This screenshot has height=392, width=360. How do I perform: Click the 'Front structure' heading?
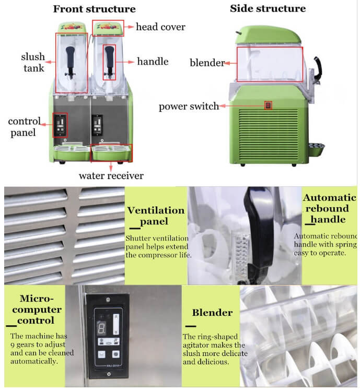[x=94, y=9]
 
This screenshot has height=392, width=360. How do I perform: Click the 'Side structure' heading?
[x=268, y=8]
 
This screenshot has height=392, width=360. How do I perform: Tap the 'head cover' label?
[x=160, y=27]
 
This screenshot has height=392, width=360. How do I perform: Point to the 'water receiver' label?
[x=111, y=175]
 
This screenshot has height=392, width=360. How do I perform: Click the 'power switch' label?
[x=189, y=106]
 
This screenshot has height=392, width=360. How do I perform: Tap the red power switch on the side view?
[x=269, y=105]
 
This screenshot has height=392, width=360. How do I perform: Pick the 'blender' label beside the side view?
[x=207, y=63]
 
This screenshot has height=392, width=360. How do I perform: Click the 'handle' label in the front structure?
[x=153, y=62]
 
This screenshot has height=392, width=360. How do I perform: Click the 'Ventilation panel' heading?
[x=156, y=217]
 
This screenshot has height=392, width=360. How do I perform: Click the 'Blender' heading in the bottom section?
[x=212, y=313]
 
